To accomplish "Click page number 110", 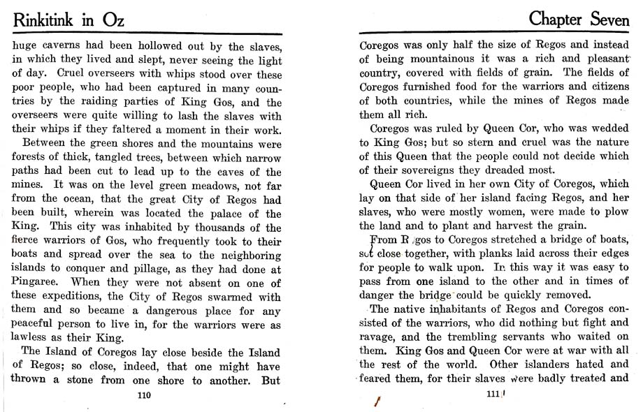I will tap(145, 395).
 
